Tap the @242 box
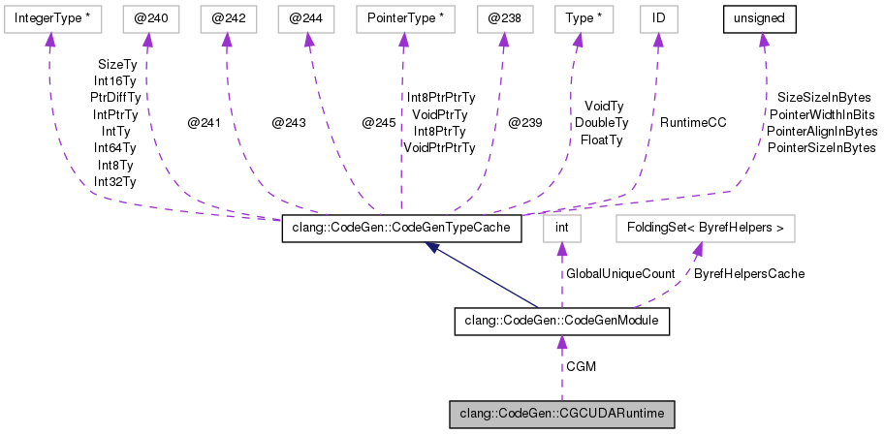(x=227, y=18)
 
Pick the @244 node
(x=306, y=18)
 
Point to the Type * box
(x=578, y=18)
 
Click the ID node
(x=657, y=18)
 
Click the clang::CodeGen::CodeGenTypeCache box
(x=402, y=229)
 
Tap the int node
(x=560, y=229)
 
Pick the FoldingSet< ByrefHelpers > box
(x=706, y=229)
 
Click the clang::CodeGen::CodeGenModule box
(x=561, y=321)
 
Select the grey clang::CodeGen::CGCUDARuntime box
(x=561, y=414)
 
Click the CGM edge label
(x=582, y=367)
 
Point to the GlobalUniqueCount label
(x=620, y=274)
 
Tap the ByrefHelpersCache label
(x=749, y=274)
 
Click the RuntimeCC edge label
(x=693, y=123)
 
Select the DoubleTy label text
(x=602, y=123)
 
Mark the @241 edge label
(x=205, y=123)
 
